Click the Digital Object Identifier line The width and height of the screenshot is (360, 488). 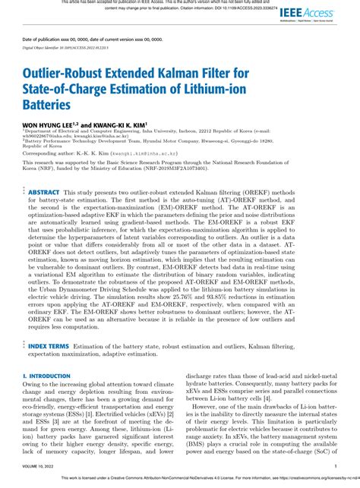pyautogui.click(x=66, y=47)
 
